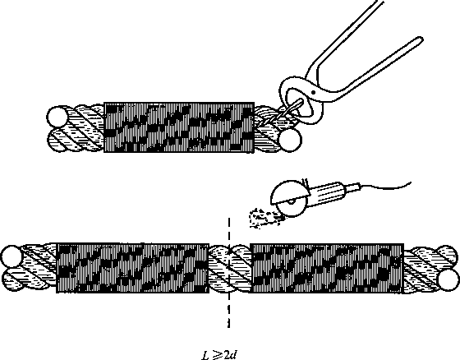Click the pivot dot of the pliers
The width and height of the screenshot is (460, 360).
click(313, 92)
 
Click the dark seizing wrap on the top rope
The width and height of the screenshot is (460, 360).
click(179, 127)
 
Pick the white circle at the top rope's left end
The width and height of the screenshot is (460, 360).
click(57, 118)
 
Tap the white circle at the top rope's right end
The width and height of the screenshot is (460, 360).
click(290, 140)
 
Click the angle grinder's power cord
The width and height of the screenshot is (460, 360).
click(386, 187)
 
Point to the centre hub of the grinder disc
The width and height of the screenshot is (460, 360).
click(291, 201)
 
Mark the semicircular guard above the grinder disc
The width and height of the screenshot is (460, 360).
click(289, 192)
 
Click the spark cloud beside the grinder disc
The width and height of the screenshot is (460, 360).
click(263, 218)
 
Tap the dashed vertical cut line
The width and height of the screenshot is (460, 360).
click(229, 273)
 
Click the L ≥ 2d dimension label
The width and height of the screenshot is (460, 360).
click(219, 355)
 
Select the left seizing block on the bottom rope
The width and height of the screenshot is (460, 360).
click(132, 268)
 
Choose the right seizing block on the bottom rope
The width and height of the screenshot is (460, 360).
click(327, 268)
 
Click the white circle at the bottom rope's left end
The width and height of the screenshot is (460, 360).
click(11, 256)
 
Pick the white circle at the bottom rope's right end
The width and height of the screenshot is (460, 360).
click(448, 280)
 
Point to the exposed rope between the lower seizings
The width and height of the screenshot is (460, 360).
click(229, 268)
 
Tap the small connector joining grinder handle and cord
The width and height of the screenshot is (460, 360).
click(355, 187)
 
